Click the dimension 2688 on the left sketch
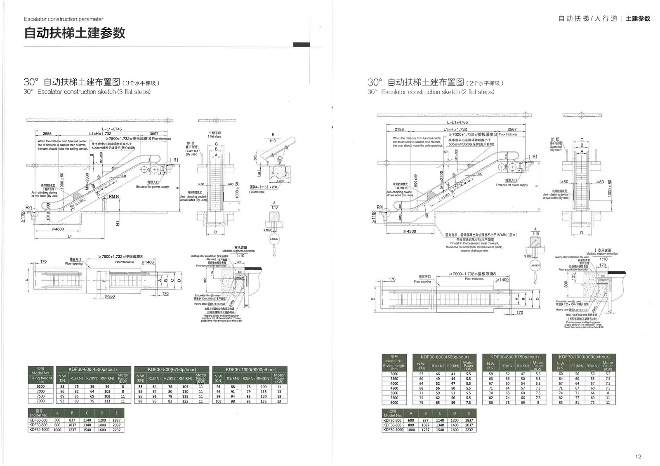pyautogui.click(x=47, y=134)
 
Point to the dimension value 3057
pyautogui.click(x=154, y=134)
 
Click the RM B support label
pyautogui.click(x=113, y=197)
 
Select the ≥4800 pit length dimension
pyautogui.click(x=58, y=229)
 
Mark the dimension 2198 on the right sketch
pyautogui.click(x=399, y=129)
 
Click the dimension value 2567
pyautogui.click(x=512, y=129)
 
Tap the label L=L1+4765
pyautogui.click(x=457, y=122)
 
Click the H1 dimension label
pyautogui.click(x=118, y=223)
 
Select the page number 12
pyautogui.click(x=639, y=456)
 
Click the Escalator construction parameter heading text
pyautogui.click(x=64, y=19)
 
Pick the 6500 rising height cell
pyautogui.click(x=40, y=386)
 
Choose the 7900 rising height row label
pyautogui.click(x=40, y=401)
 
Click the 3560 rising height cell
pyautogui.click(x=394, y=379)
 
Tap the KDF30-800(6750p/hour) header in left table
pyautogui.click(x=172, y=370)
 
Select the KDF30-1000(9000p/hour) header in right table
pyautogui.click(x=584, y=357)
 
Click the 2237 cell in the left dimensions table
pyautogui.click(x=117, y=430)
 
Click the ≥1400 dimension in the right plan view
pyautogui.click(x=501, y=280)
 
